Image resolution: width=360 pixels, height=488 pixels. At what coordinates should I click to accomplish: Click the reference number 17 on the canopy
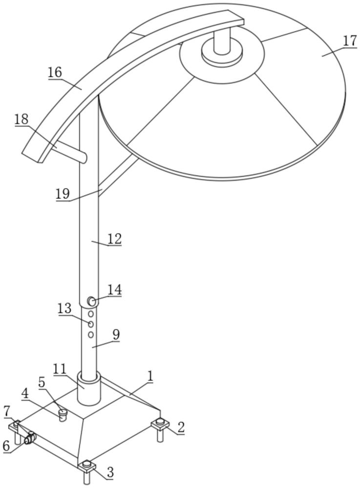point(350,41)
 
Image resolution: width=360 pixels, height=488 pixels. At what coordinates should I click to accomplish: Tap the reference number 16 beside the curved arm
point(55,73)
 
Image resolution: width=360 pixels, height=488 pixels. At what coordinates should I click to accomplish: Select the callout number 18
point(21,119)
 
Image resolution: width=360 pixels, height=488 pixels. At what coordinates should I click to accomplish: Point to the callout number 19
point(63,194)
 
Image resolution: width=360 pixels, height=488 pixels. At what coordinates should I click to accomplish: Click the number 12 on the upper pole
point(114,239)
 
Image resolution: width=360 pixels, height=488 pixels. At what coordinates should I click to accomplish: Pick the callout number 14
point(114,290)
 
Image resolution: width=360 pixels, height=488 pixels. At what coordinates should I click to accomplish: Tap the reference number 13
point(64,308)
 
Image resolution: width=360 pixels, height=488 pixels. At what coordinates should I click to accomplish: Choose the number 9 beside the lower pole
point(116,335)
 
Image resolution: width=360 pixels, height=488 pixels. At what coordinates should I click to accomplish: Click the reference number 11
point(60,369)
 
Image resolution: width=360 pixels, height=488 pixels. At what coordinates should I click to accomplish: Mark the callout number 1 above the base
point(150,376)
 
